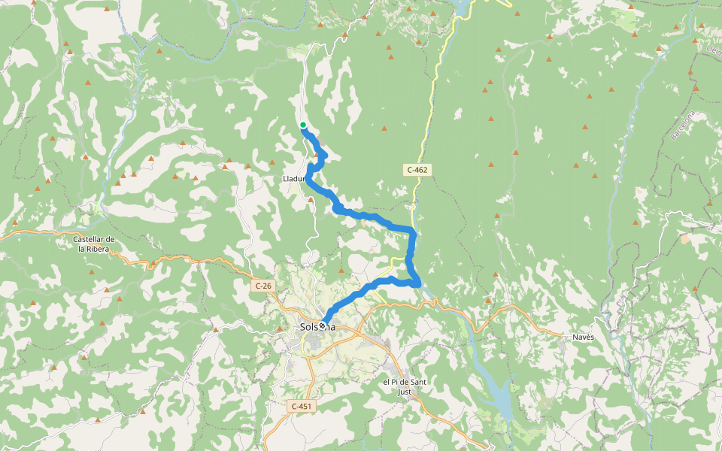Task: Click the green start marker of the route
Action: click(302, 125)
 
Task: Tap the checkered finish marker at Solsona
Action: click(323, 326)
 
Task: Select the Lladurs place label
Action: click(294, 179)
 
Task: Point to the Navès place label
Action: click(582, 337)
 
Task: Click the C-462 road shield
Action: click(417, 170)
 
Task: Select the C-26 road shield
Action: click(262, 286)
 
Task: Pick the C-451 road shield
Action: click(301, 407)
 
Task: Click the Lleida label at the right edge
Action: click(714, 50)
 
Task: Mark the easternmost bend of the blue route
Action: click(418, 282)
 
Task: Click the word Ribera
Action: click(100, 249)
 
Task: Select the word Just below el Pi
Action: click(404, 392)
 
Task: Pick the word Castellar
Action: click(93, 239)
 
